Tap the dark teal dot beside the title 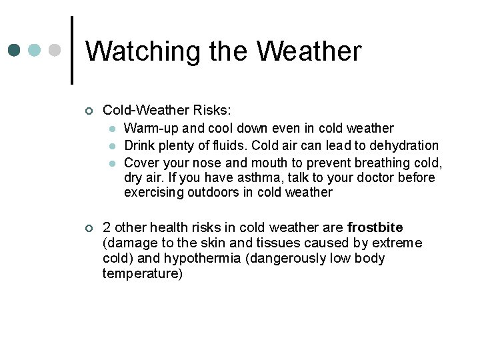tap(15, 51)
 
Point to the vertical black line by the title tap(71, 50)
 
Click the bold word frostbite tap(375, 227)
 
